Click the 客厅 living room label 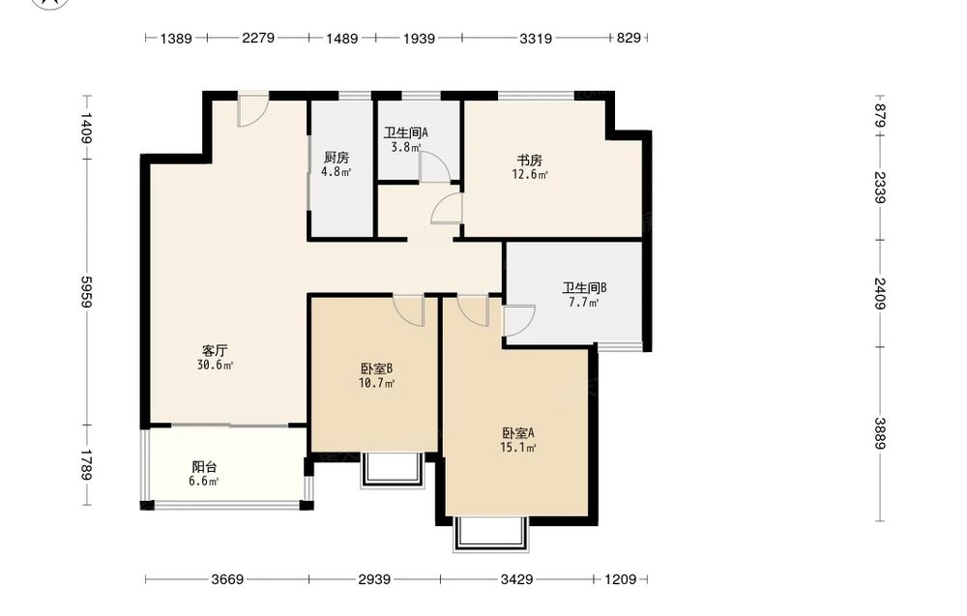[215, 351]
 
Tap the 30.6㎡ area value [215, 365]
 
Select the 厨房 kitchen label [337, 158]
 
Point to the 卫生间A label [406, 132]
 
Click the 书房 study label [529, 161]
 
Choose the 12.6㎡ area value [530, 174]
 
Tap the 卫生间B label [584, 288]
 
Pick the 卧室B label [377, 368]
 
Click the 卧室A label [518, 433]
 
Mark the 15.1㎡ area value [518, 448]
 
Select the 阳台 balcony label [204, 467]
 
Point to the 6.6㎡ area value [204, 481]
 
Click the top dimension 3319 [536, 39]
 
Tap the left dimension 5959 [86, 292]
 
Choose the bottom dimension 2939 [374, 579]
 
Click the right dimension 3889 [879, 433]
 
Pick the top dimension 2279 [258, 39]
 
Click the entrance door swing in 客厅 [252, 109]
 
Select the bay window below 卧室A [491, 534]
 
